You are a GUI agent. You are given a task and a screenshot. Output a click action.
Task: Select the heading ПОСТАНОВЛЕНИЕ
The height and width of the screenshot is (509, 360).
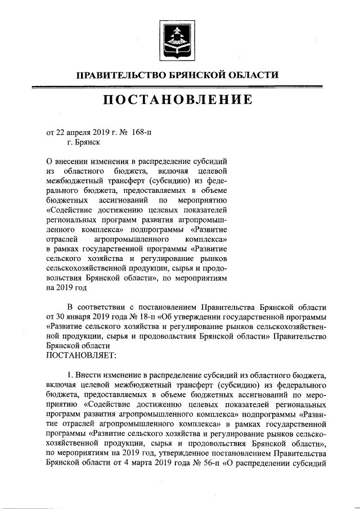(177, 101)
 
